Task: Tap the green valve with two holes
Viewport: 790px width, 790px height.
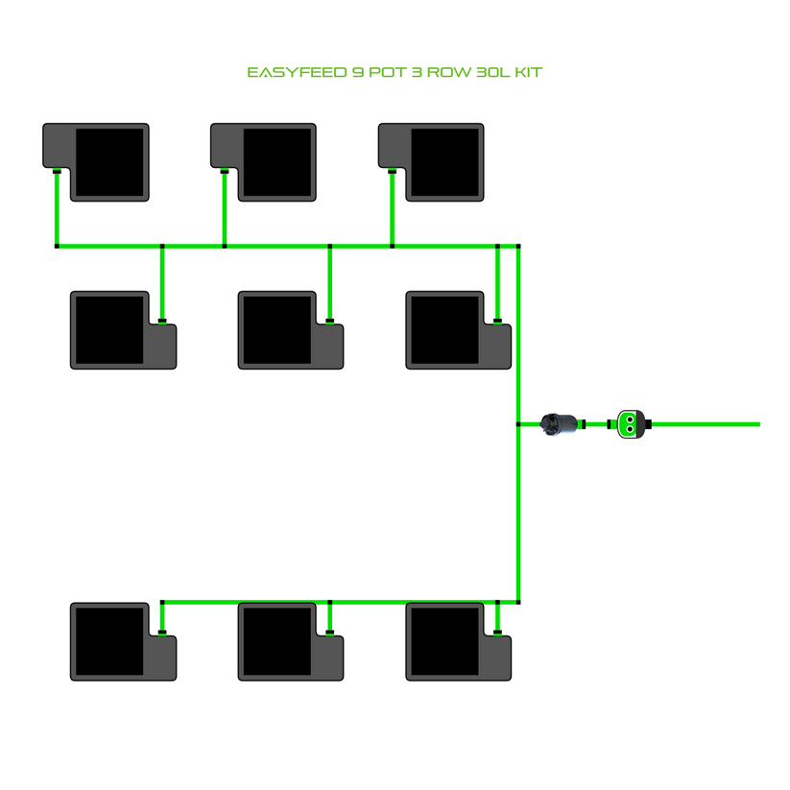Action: tap(630, 423)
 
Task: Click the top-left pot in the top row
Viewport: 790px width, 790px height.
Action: tap(97, 161)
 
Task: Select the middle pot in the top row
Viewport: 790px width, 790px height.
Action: tap(264, 161)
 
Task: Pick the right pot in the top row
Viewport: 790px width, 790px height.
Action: tap(432, 161)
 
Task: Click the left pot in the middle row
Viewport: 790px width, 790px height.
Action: tap(124, 330)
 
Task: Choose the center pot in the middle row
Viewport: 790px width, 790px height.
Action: tap(291, 330)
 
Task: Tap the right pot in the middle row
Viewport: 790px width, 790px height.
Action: tap(459, 330)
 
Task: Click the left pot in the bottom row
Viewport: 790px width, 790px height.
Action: tap(124, 641)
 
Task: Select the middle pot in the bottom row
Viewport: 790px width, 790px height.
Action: tap(291, 641)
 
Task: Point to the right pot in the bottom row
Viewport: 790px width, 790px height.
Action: tap(459, 641)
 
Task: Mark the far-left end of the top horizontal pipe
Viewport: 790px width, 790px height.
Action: tap(58, 246)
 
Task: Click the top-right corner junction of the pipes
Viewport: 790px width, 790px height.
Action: tap(518, 246)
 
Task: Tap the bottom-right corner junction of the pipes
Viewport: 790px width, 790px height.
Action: tap(518, 602)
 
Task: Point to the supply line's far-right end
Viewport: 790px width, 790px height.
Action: tap(757, 423)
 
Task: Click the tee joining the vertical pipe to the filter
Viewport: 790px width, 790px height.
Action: tap(518, 423)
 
